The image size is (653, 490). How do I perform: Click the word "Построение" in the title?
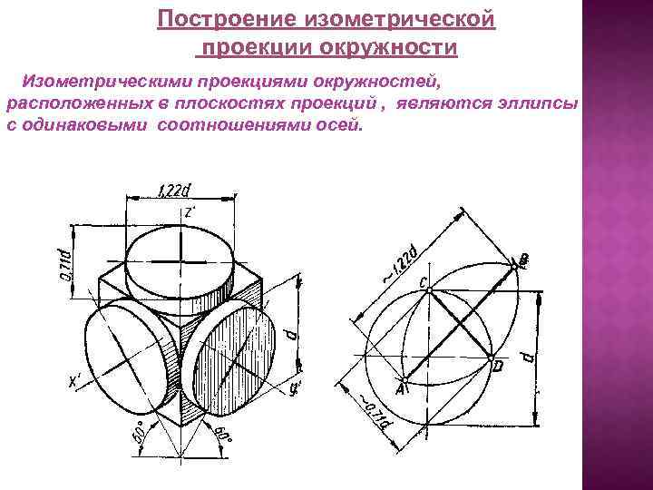pyautogui.click(x=215, y=18)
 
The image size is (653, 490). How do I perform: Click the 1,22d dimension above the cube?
pyautogui.click(x=173, y=191)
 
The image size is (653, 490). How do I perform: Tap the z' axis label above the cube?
pyautogui.click(x=190, y=211)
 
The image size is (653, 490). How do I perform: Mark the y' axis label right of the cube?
pyautogui.click(x=295, y=387)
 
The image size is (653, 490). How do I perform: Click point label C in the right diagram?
pyautogui.click(x=423, y=281)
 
